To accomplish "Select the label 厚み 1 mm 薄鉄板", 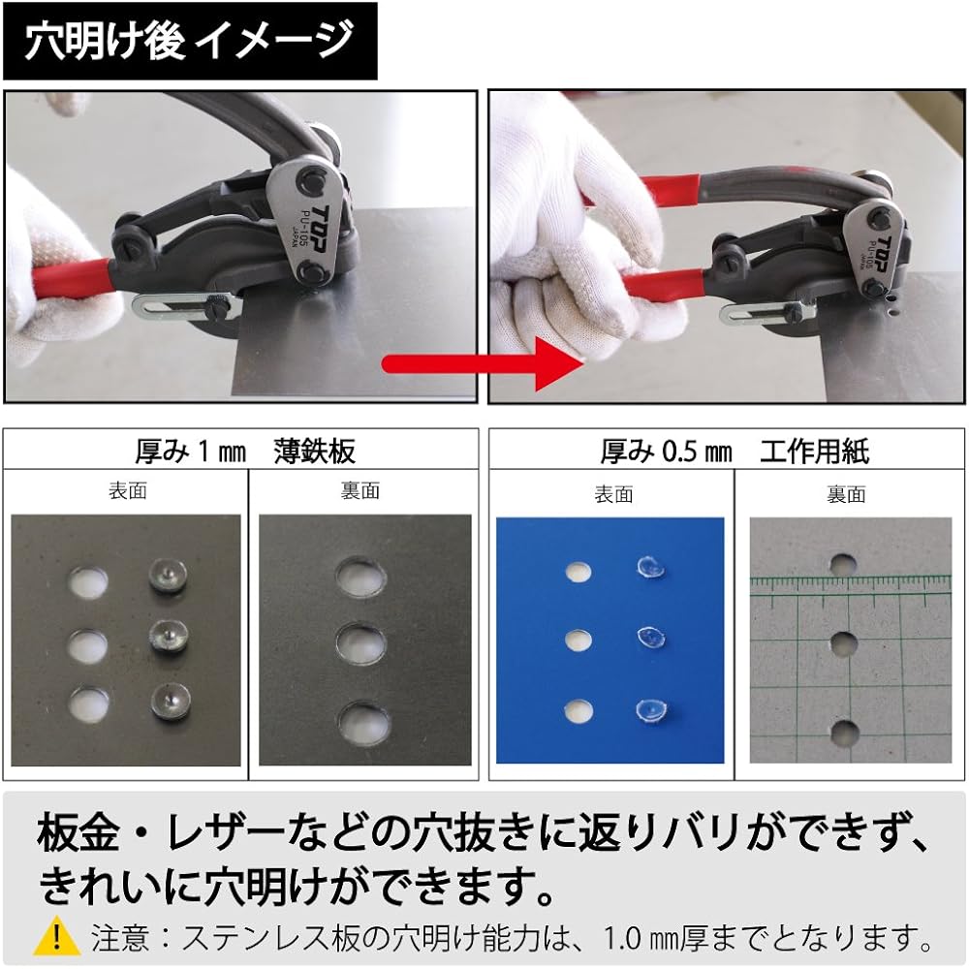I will click(244, 451).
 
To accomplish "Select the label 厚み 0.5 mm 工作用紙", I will click(733, 451).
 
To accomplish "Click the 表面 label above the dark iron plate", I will click(127, 491).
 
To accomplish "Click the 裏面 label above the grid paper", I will click(845, 495).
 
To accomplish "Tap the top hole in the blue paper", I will click(578, 571).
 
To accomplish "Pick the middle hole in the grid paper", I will click(843, 644).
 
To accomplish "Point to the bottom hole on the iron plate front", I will click(87, 702).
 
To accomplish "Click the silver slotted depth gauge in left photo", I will click(179, 308).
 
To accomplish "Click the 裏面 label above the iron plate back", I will click(359, 491).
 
